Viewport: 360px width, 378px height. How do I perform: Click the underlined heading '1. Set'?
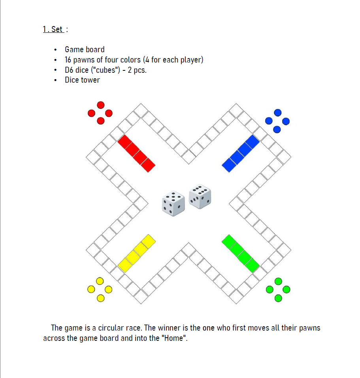53,29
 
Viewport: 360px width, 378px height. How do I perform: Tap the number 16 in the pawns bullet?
68,60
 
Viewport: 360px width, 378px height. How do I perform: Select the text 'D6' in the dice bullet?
69,70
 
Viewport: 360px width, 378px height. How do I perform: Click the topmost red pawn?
101,105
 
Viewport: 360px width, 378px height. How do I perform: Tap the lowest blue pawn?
277,130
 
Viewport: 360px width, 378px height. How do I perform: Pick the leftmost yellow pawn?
91,289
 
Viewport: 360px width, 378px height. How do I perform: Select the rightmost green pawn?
286,289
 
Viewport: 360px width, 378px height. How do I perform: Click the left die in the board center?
173,204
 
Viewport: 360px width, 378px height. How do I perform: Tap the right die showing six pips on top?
200,197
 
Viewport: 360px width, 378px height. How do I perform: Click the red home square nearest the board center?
148,165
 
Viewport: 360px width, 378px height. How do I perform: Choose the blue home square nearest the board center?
229,165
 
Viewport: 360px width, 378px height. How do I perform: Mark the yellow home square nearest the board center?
148,242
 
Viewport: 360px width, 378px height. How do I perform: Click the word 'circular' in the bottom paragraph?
111,328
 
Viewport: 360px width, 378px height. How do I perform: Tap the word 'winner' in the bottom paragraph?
169,328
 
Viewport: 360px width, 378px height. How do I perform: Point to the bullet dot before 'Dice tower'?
56,80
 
